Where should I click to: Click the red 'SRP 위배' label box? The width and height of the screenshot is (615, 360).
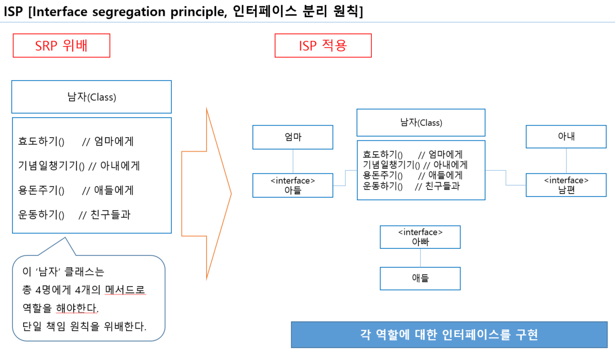click(61, 45)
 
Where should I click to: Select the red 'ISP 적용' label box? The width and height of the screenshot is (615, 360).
click(323, 45)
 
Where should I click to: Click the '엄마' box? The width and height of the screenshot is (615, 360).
click(293, 137)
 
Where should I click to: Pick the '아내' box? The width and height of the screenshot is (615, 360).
click(566, 137)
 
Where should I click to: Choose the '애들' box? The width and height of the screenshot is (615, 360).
click(420, 278)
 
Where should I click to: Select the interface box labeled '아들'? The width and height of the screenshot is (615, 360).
click(293, 185)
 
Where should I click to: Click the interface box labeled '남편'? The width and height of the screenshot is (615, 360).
click(566, 185)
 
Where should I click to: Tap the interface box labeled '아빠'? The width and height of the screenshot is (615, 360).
click(420, 237)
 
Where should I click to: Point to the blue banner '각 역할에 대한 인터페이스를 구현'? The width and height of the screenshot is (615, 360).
click(449, 335)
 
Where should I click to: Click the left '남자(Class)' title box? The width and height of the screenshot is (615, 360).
click(91, 97)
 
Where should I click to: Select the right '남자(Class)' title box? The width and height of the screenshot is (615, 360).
click(420, 123)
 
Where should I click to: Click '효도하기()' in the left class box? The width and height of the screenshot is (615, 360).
click(41, 141)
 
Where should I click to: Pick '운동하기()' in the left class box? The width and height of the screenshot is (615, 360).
click(41, 215)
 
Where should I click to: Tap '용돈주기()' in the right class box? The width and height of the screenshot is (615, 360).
click(383, 176)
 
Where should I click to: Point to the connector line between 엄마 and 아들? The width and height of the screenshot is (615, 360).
click(293, 161)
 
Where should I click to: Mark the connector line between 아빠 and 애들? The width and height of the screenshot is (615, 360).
click(420, 258)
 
